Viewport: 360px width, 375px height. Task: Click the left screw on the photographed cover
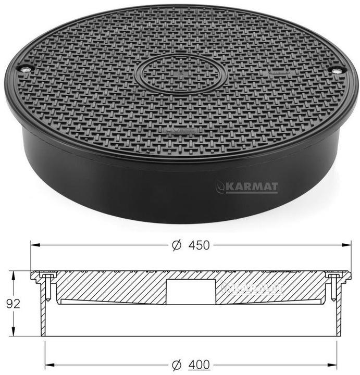25,69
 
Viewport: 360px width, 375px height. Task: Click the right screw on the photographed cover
338,71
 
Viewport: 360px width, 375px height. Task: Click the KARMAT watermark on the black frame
247,187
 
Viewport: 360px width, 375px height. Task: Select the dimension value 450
199,245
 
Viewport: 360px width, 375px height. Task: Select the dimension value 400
199,365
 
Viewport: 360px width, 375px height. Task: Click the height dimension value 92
13,304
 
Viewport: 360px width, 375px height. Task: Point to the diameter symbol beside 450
177,245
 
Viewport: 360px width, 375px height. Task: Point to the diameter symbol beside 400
177,365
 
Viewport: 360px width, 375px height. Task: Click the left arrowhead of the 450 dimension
35,245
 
